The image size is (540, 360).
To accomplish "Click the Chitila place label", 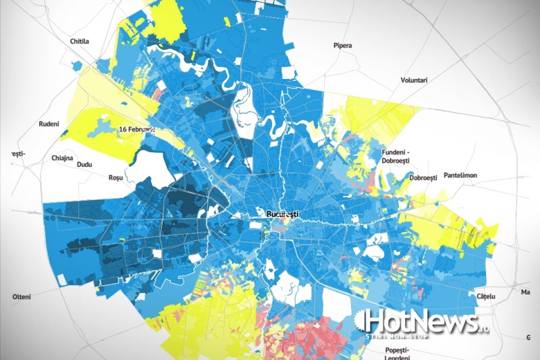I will coord(80,41).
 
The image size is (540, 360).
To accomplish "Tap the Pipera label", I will coord(342,46).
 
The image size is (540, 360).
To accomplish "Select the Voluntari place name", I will coord(414,80).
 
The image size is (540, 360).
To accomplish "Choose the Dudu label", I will coord(84,163).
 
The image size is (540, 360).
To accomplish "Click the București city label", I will coord(282,214).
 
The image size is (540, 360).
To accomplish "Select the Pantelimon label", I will coord(460,176).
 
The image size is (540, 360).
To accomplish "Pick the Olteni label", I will coord(22,297).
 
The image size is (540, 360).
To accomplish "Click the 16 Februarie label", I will coord(137,128).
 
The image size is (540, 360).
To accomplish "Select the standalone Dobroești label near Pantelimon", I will coord(423,178).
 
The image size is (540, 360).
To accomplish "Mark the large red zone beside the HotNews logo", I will coord(317,338).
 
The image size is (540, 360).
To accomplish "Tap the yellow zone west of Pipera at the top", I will coord(162,20).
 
